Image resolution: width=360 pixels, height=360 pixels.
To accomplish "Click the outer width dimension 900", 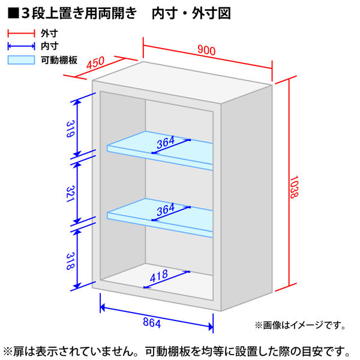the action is pos(206,50).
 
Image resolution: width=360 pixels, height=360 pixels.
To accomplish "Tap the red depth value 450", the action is pos(95,62).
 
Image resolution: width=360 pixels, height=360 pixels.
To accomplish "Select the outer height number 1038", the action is pos(293,187).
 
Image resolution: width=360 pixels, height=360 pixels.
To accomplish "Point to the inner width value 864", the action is pos(152,322).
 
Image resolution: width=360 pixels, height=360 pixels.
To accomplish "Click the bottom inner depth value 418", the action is pos(159,276).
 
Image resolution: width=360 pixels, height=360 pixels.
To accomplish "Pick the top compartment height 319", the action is pos(70,129).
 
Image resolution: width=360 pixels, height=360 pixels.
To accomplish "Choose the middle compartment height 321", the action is pos(70,194).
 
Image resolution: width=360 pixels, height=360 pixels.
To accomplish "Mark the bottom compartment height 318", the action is pos(70,261).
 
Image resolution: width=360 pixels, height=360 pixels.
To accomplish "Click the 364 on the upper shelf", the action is pos(166,142).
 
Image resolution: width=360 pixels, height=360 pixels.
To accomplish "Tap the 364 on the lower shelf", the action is pos(166,209).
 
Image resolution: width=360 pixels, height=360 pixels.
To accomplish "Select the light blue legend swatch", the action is pos(21,60).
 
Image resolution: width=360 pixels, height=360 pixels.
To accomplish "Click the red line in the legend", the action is pos(21,33).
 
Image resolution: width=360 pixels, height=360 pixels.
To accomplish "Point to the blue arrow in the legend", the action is pos(21,46).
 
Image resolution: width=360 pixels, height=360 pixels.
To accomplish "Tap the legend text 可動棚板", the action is pos(59,60).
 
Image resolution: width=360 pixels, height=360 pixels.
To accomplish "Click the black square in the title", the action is pos(13,13).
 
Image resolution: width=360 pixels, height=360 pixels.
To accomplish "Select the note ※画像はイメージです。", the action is pos(300,325).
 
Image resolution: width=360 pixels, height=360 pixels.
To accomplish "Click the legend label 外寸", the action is pos(49,34).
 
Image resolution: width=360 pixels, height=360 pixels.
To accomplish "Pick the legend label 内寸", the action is pos(49,46).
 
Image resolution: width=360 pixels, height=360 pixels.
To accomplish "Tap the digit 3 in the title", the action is pos(26,13).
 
